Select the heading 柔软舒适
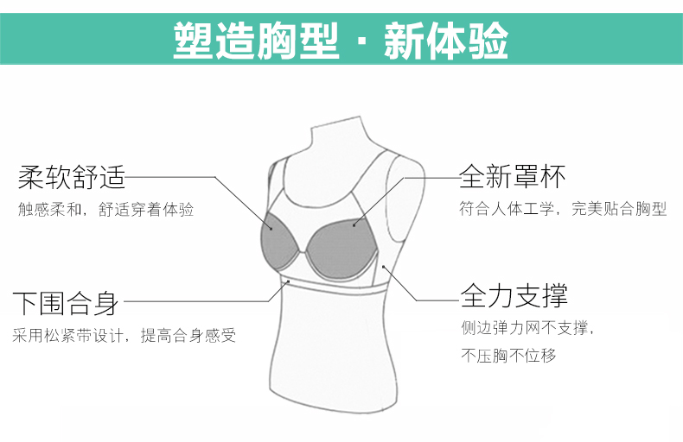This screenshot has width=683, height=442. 72,178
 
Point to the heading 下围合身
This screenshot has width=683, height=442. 66,303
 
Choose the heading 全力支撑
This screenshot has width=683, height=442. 514,296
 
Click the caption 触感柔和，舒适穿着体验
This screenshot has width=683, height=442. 105,210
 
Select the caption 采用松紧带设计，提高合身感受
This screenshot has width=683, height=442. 124,335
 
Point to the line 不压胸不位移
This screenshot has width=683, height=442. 508,356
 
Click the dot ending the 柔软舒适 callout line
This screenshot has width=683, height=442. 271,229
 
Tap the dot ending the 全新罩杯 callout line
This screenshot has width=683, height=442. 354,224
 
